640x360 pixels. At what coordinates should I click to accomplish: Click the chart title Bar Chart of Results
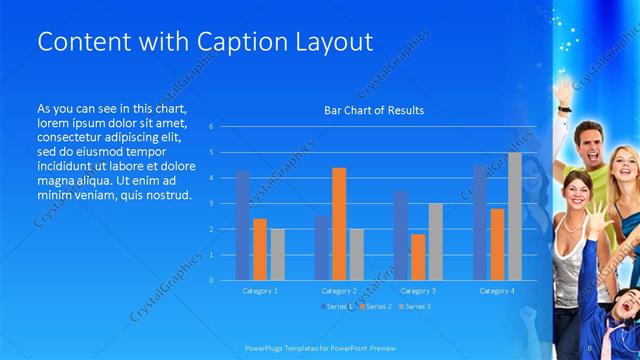[x=374, y=110]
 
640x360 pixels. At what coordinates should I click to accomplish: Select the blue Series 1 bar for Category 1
[x=243, y=225]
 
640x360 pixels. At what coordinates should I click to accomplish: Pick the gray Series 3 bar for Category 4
[x=514, y=216]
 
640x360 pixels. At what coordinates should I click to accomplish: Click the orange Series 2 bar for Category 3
[x=418, y=257]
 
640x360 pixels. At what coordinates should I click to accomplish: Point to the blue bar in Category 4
[x=479, y=223]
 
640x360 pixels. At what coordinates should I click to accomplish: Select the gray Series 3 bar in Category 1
[x=278, y=254]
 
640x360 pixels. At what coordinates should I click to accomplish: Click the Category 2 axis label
[x=339, y=291]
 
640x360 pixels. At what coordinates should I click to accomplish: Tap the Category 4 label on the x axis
[x=496, y=291]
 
